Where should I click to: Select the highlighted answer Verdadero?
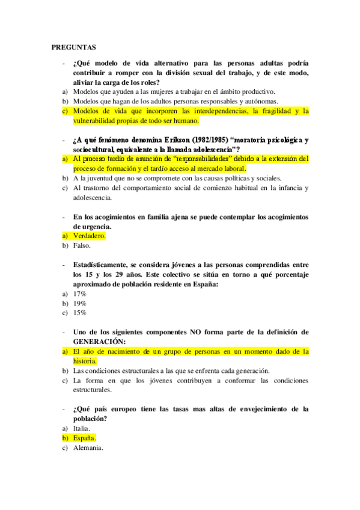pyautogui.click(x=89, y=236)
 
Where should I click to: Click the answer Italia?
pyautogui.click(x=82, y=428)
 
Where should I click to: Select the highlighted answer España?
pyautogui.click(x=85, y=438)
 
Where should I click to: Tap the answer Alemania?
pyautogui.click(x=88, y=447)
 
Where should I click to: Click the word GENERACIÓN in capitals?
pyautogui.click(x=100, y=342)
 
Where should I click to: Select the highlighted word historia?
pyautogui.click(x=85, y=361)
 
